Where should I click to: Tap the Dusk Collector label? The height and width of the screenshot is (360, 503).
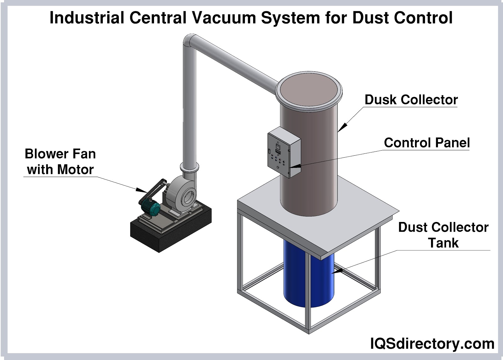pos(411,100)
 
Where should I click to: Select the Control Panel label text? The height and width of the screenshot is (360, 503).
pos(427,143)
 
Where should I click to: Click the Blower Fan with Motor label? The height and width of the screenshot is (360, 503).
pos(60,162)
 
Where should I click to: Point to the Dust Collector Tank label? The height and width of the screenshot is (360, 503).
pos(443,235)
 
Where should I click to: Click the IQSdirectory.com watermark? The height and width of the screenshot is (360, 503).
pos(432,344)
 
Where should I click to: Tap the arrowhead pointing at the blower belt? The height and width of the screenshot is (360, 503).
pos(141,190)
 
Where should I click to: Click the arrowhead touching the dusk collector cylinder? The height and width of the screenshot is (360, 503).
pos(343,126)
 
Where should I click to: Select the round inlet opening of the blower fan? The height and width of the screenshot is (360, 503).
pos(188,197)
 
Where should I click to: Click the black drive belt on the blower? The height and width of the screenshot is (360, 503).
pos(154,190)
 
